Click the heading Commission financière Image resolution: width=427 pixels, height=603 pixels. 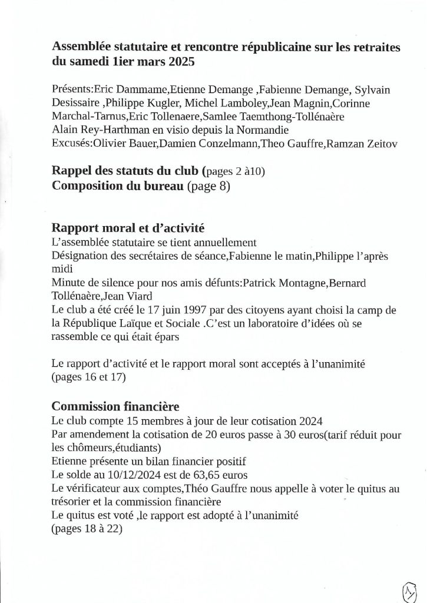115,406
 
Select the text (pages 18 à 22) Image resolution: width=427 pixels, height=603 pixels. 88,529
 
